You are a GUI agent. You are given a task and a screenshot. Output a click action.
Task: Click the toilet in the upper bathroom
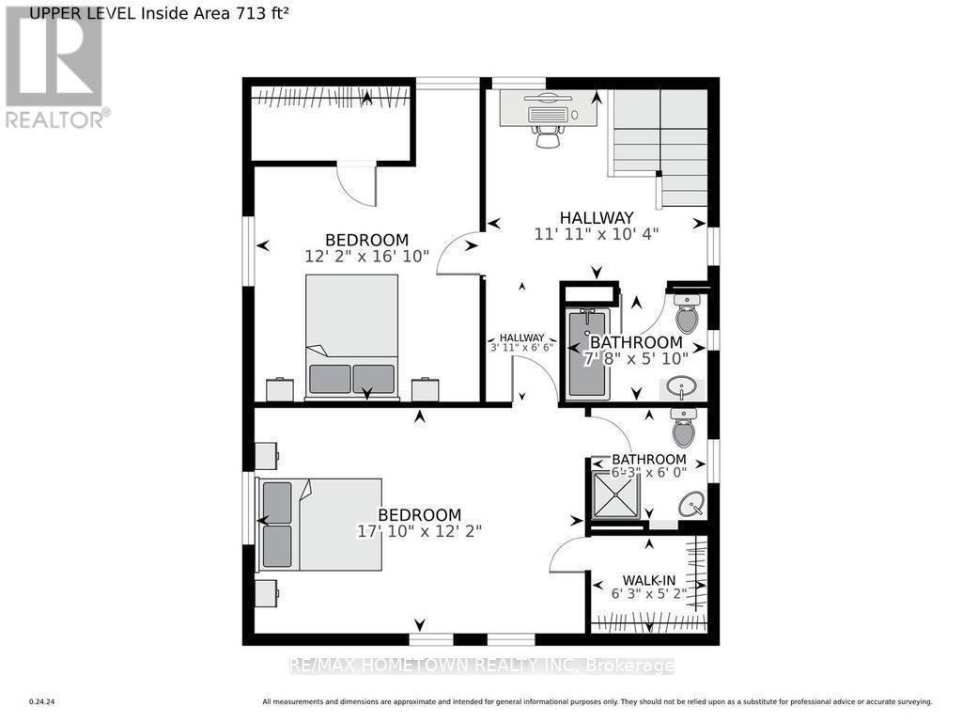[687, 314]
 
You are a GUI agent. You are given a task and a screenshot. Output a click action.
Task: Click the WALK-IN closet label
[648, 580]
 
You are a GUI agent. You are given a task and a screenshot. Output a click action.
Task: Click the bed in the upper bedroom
[351, 336]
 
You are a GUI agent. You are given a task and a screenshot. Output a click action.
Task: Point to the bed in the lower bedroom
[319, 524]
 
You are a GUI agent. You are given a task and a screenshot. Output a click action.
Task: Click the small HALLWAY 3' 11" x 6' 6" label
[521, 342]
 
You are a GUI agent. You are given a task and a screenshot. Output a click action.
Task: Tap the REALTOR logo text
[56, 119]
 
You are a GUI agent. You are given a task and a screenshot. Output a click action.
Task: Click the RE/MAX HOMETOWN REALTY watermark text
[481, 666]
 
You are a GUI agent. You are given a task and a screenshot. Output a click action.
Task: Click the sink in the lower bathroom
[693, 505]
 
